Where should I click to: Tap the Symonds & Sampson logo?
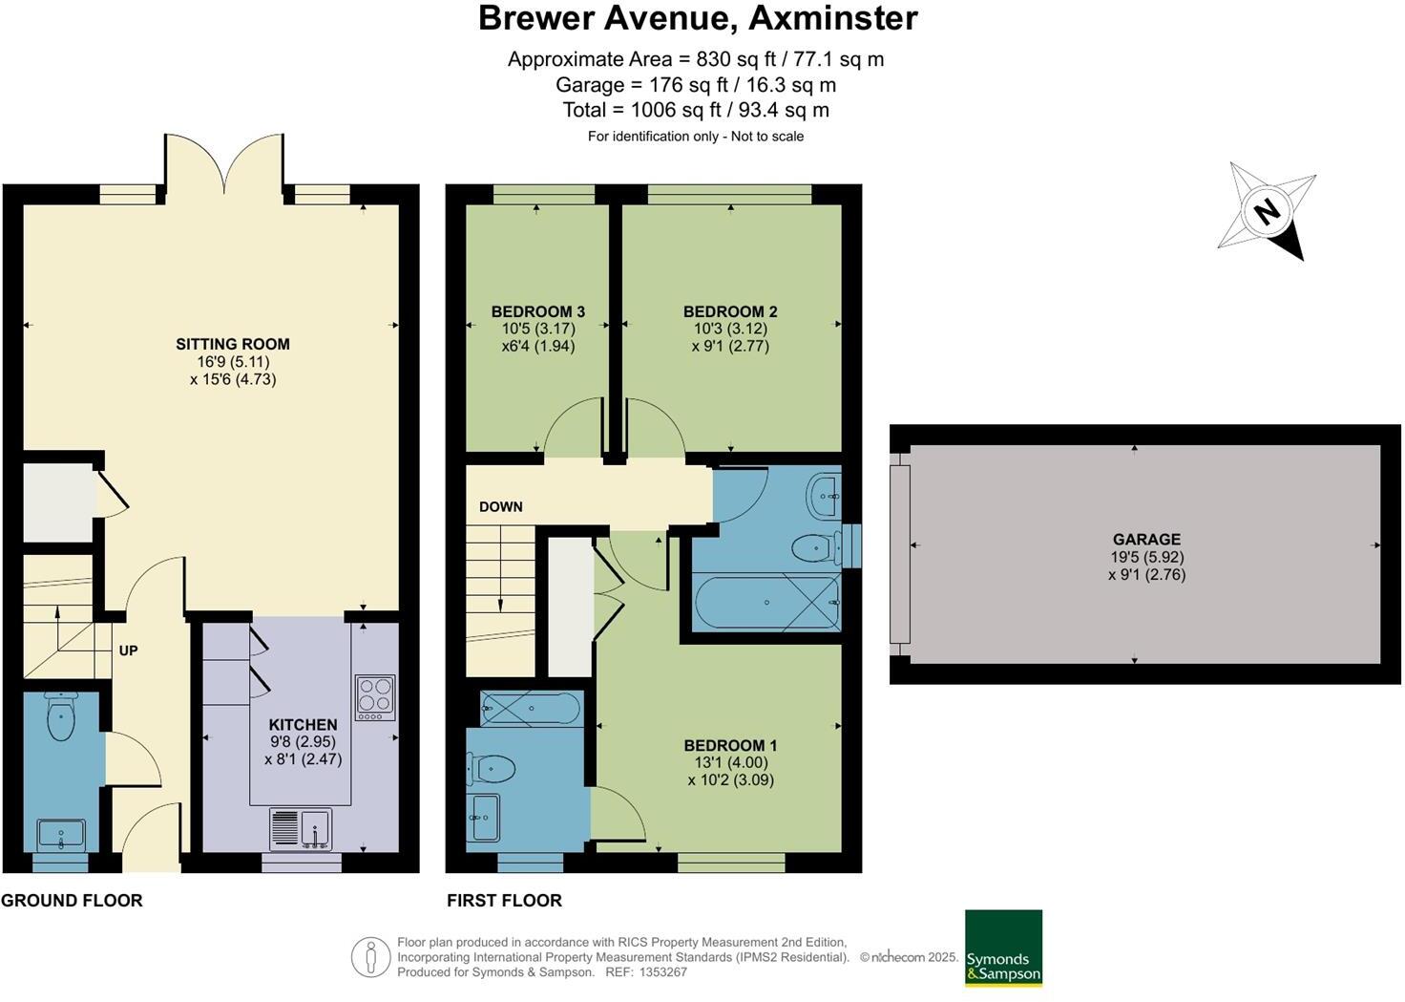[1003, 948]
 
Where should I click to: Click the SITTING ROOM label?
[232, 344]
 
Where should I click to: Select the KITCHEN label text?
[303, 725]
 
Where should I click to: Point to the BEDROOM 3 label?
[537, 311]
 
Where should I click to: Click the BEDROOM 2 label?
[730, 311]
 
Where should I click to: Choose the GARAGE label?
[1146, 539]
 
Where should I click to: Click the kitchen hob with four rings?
[375, 697]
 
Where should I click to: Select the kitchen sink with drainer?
[302, 828]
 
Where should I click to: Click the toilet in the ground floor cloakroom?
[61, 718]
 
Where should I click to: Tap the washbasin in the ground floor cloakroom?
[61, 835]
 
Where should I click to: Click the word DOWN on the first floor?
[500, 506]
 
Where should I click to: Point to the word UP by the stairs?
[128, 650]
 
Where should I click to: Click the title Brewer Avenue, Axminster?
[698, 17]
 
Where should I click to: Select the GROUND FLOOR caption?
[72, 900]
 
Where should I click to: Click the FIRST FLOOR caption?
[504, 900]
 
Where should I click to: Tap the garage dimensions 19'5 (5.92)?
[1146, 557]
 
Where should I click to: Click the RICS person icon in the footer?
[370, 957]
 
